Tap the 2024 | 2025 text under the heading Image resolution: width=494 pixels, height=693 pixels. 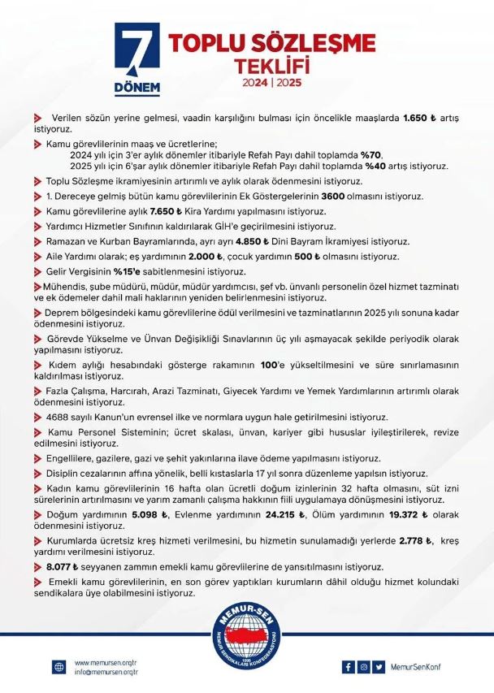(271, 84)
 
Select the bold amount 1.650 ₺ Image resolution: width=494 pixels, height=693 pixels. (420, 119)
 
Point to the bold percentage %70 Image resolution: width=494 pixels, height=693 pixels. (370, 154)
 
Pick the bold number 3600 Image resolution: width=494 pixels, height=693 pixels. (316, 196)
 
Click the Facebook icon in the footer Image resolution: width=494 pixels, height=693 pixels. (349, 667)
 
